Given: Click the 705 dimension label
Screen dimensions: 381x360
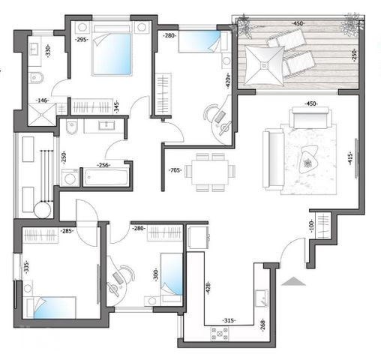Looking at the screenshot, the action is coord(175,171).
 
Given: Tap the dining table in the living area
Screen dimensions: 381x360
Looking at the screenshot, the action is coord(210,172).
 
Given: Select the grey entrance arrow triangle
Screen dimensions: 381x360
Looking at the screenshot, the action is coord(293,281).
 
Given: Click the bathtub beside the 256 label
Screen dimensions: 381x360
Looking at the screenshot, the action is coord(106,177).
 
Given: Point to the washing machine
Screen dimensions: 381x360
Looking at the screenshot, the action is coord(70,178).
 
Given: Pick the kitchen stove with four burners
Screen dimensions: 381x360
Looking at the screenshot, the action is coord(220,334).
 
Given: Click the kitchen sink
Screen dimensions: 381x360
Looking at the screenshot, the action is coord(262,298).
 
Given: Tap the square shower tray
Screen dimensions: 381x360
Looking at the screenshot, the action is coord(42,114).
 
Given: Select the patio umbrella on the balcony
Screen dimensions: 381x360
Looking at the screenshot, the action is coord(264,66).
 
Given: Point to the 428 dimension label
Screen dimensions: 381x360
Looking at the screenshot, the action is coord(208,287).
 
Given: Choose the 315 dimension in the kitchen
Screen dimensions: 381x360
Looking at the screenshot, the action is coord(229,321).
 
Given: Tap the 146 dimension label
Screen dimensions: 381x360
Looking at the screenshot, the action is coord(42,100).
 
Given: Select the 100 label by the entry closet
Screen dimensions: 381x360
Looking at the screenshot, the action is coord(311,226).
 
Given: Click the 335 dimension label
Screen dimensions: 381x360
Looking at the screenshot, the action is coord(26,267).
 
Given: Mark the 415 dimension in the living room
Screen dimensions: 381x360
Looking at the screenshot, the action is coord(350,158).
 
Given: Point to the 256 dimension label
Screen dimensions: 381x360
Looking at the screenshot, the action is coord(103,165).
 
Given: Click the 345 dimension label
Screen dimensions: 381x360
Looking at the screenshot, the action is coord(117,106).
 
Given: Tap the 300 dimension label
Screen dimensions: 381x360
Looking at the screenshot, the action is coord(156,275).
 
